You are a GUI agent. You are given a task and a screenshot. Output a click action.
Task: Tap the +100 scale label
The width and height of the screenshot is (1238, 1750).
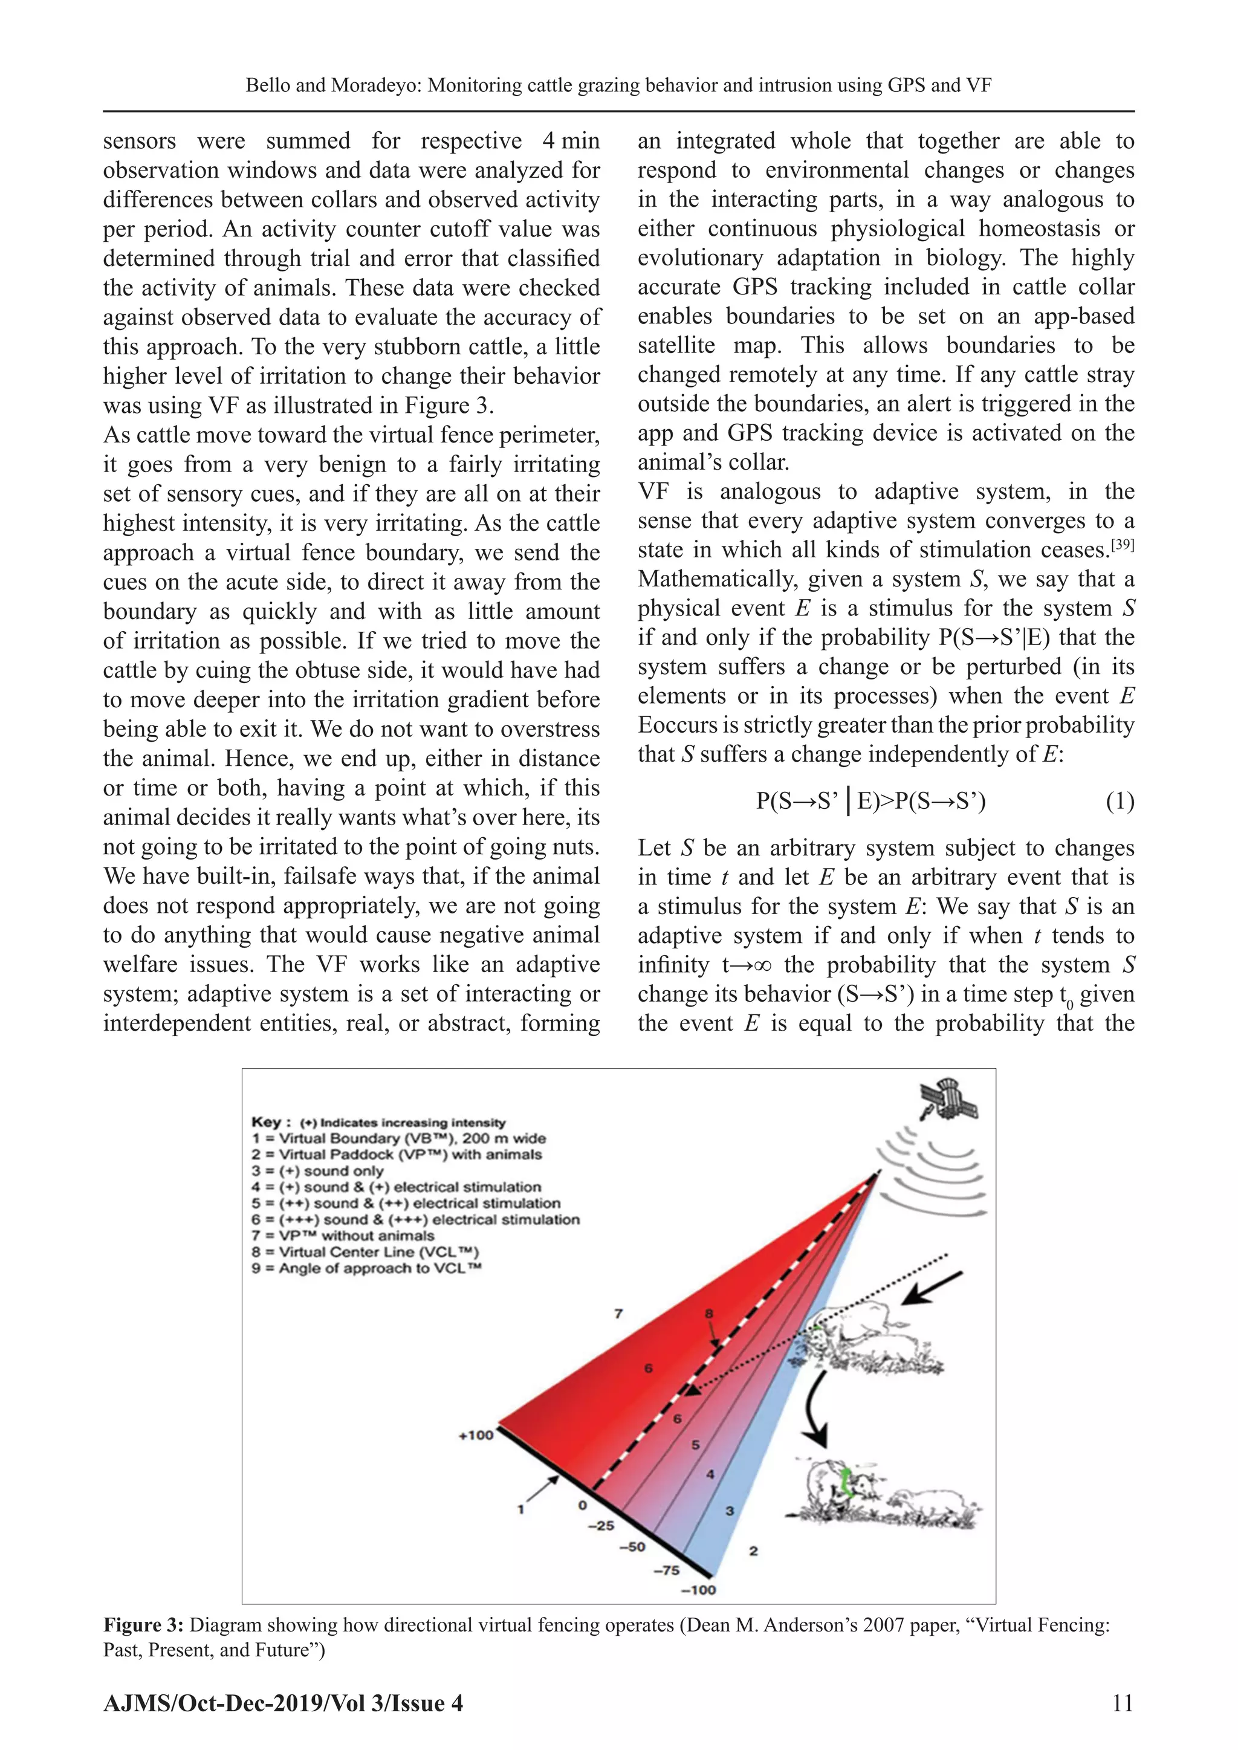tap(476, 1435)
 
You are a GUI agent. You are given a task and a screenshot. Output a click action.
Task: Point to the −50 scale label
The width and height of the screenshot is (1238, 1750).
tap(632, 1546)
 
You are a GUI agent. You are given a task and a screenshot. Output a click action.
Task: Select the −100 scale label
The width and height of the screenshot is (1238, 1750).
tap(698, 1589)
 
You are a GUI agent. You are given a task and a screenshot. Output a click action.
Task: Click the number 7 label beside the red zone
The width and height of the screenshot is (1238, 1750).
tap(618, 1314)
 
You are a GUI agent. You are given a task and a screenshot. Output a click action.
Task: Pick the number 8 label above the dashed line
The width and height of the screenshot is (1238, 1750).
tap(709, 1314)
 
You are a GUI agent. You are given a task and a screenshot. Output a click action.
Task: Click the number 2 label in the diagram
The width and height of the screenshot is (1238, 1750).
tap(753, 1551)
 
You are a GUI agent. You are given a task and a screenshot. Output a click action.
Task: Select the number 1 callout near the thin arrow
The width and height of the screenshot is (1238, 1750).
tap(522, 1508)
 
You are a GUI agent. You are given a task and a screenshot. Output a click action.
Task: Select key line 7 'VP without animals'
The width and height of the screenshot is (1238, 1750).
tap(342, 1236)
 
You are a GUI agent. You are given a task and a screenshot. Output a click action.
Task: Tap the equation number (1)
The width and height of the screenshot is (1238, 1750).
tap(1119, 801)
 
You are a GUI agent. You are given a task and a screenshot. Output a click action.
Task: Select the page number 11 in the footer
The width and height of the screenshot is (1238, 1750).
tap(1122, 1703)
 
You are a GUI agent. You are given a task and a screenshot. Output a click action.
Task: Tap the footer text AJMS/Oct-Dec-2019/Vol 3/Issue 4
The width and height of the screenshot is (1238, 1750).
tap(283, 1703)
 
